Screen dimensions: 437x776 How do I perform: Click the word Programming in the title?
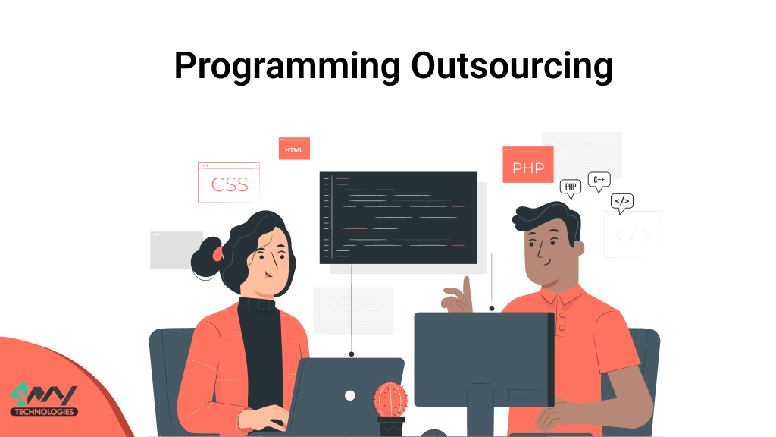(x=286, y=67)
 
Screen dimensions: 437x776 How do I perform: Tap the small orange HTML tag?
(x=294, y=149)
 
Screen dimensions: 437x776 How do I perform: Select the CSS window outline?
(x=229, y=183)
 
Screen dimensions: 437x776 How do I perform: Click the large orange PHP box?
(x=528, y=165)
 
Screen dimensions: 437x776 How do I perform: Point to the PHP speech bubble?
(x=571, y=187)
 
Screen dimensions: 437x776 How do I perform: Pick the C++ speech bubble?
(x=599, y=181)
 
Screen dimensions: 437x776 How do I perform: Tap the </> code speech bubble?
(x=621, y=202)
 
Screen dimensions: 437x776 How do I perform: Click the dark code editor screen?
(x=398, y=217)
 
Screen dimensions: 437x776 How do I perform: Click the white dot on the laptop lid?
(x=349, y=395)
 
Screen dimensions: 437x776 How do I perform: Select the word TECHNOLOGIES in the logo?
(x=44, y=412)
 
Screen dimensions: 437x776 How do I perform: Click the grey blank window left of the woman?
(x=177, y=250)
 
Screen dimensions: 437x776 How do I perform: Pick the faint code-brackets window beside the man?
(x=633, y=234)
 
